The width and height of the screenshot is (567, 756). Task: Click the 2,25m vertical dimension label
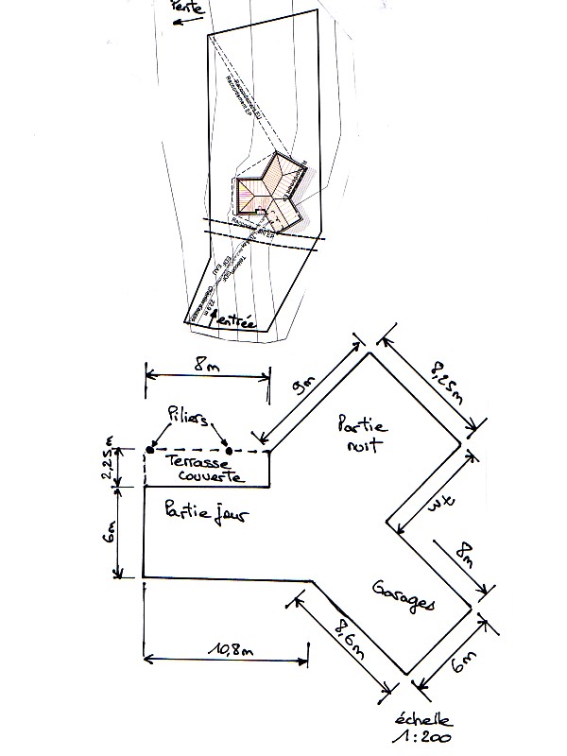point(110,466)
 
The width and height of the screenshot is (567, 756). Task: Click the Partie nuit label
point(363,434)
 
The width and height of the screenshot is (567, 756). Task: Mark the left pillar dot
point(151,450)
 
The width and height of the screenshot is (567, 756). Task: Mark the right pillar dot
point(228,450)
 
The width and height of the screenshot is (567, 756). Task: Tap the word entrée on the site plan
point(237,322)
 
